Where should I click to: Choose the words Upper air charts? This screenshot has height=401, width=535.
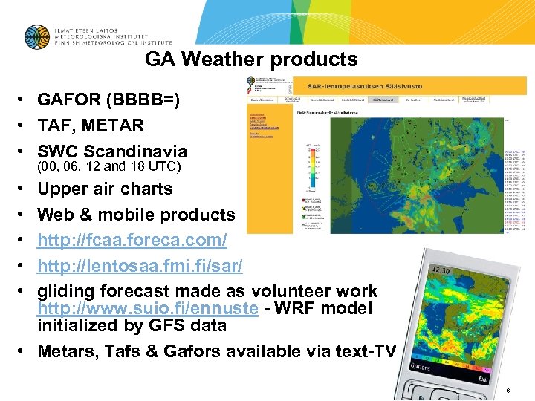[105, 189]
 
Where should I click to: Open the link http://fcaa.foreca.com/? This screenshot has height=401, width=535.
[132, 241]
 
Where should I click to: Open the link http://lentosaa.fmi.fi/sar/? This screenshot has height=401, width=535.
[143, 266]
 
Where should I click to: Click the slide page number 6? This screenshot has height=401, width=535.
[508, 391]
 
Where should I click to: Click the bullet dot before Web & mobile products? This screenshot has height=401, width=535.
[25, 215]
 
